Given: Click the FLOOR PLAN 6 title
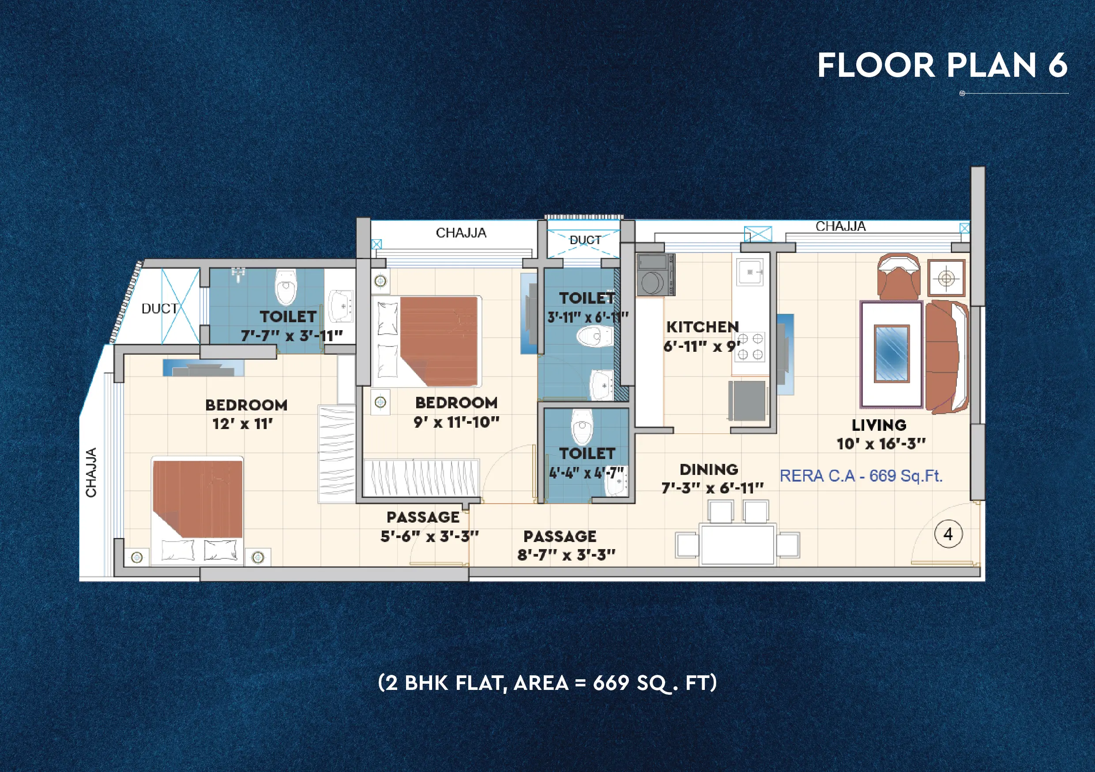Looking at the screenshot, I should point(942,65).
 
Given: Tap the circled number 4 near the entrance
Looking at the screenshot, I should point(948,534).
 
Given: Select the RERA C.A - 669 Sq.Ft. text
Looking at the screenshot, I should point(861,476).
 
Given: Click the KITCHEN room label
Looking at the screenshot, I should point(702,327).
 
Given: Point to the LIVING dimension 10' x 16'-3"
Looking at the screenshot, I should point(881,444).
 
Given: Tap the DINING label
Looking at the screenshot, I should point(709,470).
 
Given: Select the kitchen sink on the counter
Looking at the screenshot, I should point(750,272).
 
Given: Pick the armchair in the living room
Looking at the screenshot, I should point(899,277).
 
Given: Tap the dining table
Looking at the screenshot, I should point(738,544).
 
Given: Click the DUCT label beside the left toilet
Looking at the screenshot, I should point(159,309).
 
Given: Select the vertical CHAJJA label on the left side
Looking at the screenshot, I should point(91,472).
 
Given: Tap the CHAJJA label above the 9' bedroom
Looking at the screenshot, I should point(461,233).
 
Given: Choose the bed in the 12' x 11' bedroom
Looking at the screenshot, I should point(197,510).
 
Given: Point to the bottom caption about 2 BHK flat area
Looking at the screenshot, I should point(547,683).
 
